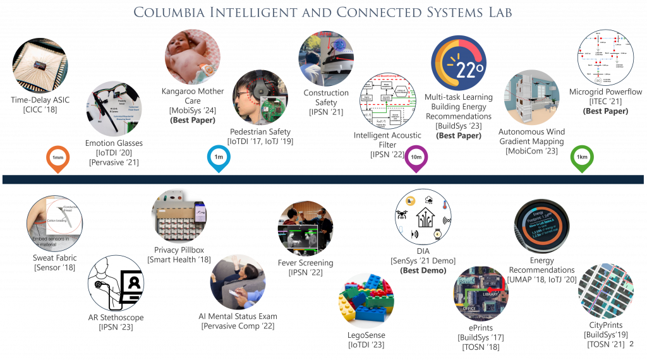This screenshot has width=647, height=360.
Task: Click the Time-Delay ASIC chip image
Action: coord(40,66)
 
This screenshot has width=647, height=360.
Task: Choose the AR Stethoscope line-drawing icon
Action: coord(116,284)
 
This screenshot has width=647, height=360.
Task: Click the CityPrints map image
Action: coord(605,292)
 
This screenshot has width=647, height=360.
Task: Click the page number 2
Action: coord(631,344)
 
